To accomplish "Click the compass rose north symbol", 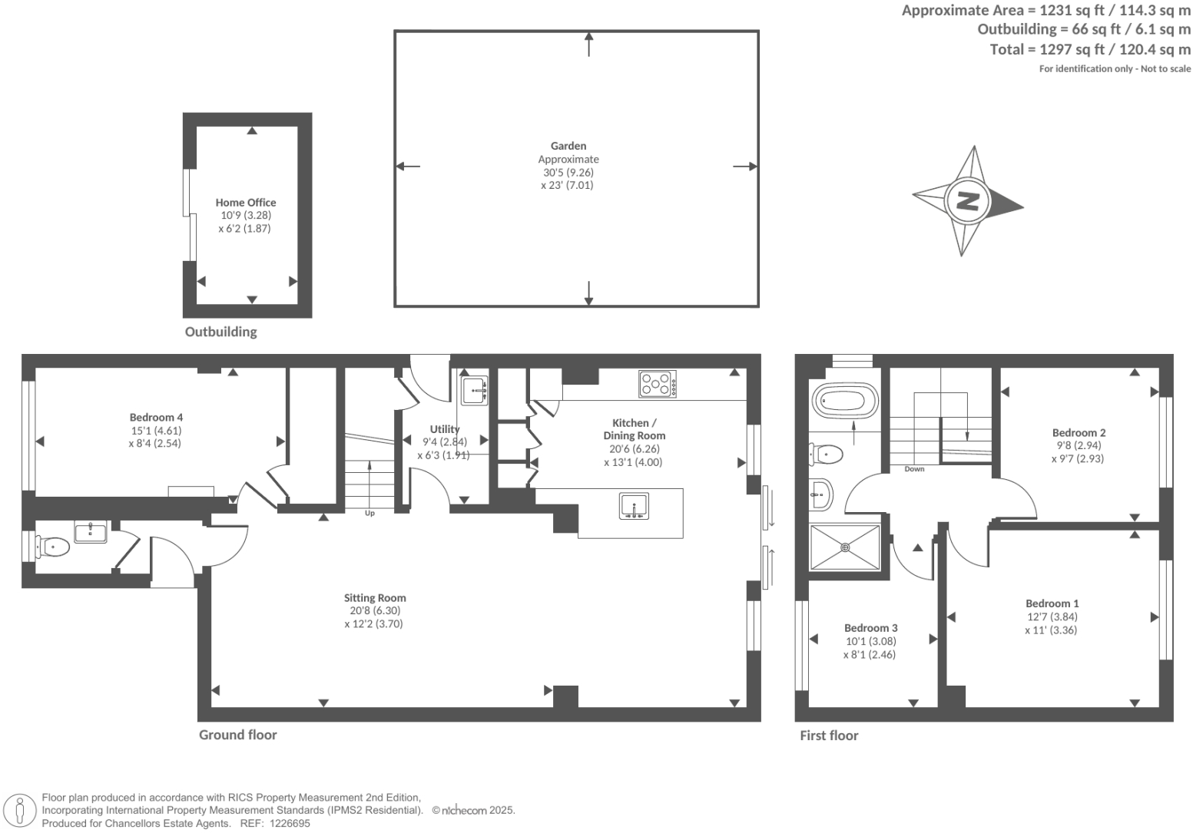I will coord(967,201).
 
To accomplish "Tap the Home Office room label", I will coord(245,203).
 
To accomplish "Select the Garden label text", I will coord(568,146).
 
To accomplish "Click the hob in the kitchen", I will coord(658,384).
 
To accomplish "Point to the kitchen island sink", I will coord(635,507).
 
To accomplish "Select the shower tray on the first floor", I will coord(845,547).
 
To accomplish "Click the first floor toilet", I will coord(827,454).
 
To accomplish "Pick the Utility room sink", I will coord(474,390).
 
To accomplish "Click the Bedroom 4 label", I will coord(156,418).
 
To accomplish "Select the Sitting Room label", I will coord(374,598).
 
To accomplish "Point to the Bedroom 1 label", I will coord(1052,603).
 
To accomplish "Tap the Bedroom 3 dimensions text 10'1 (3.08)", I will coord(870,641).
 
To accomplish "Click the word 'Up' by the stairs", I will coord(369,513).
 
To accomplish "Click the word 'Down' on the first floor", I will coord(914,469).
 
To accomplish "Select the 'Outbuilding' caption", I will coord(220,332).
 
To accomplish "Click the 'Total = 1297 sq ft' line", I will coord(1090,50).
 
